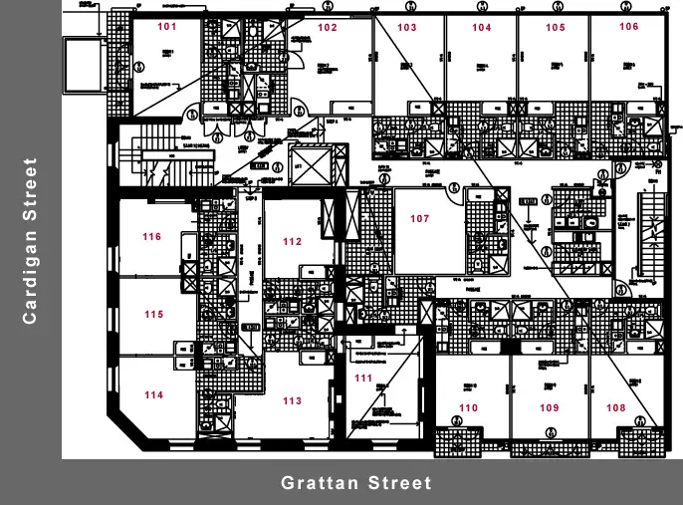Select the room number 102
click(328, 28)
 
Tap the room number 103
click(407, 28)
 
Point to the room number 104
click(482, 28)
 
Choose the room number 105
click(556, 28)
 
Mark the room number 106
click(628, 27)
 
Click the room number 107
click(419, 219)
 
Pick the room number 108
click(616, 407)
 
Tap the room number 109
click(549, 408)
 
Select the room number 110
click(468, 408)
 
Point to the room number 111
click(363, 379)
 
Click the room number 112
click(292, 242)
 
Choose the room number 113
click(292, 401)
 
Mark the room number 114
click(153, 395)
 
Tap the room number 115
click(153, 315)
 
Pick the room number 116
click(151, 237)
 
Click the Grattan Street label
click(356, 483)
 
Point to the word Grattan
click(317, 483)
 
